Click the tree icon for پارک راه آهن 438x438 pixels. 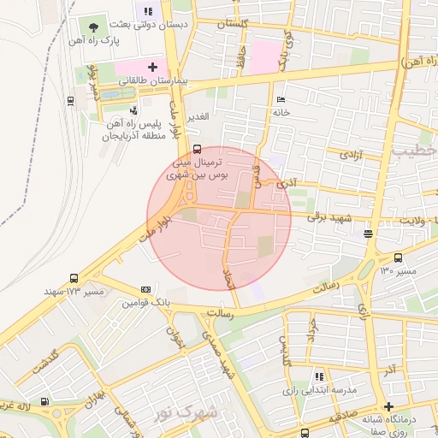click(93, 27)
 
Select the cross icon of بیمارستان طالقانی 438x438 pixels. click(153, 66)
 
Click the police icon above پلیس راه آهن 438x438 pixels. click(133, 110)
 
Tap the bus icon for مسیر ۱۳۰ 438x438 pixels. click(398, 257)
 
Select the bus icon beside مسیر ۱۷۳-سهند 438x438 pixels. click(74, 278)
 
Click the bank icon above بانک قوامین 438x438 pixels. click(145, 289)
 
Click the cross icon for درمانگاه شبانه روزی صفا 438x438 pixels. click(389, 406)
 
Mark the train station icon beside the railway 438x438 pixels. click(69, 100)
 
